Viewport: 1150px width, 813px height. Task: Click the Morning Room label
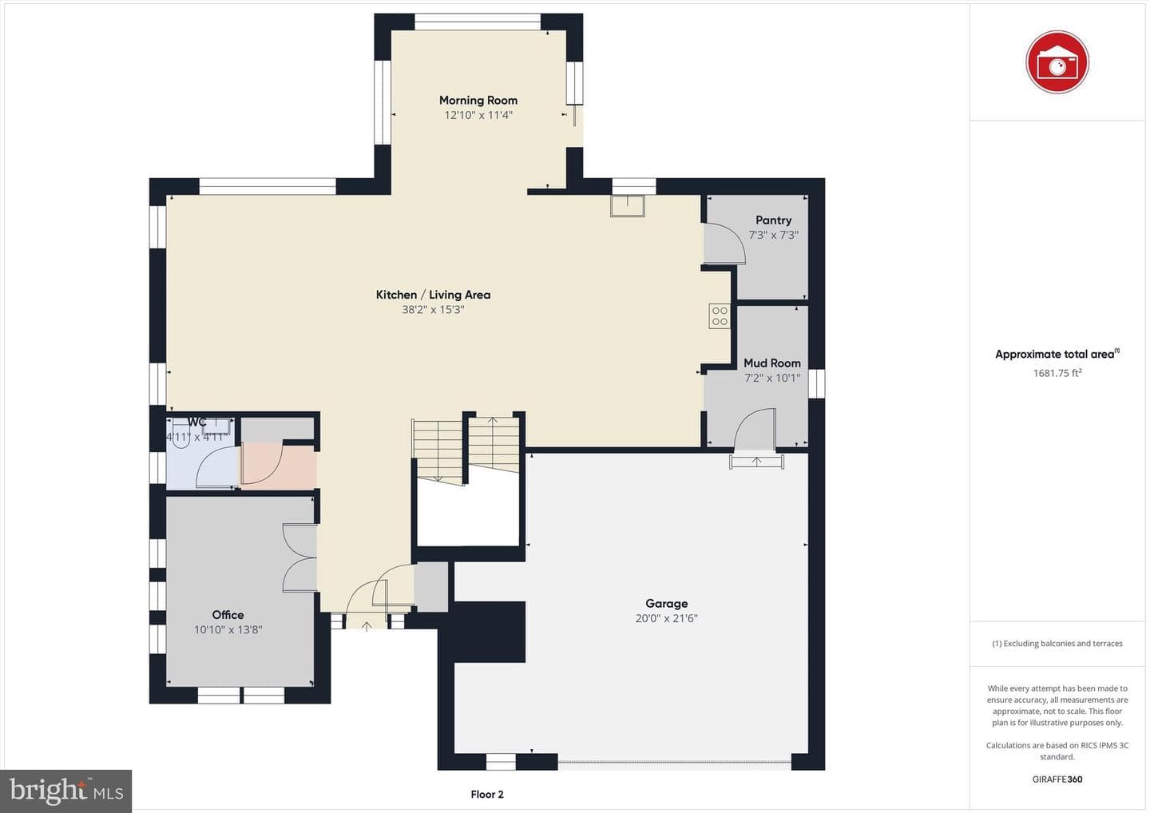pyautogui.click(x=478, y=100)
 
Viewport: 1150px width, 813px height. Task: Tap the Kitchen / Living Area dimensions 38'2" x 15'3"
pyautogui.click(x=434, y=310)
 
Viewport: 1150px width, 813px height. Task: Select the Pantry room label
pyautogui.click(x=773, y=220)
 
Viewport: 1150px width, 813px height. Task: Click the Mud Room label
pyautogui.click(x=772, y=363)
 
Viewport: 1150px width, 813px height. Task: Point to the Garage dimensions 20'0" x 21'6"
pyautogui.click(x=666, y=618)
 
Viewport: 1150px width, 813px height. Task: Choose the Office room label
pyautogui.click(x=228, y=614)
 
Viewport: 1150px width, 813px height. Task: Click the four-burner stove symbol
pyautogui.click(x=720, y=315)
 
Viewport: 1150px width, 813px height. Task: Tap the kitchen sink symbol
pyautogui.click(x=628, y=206)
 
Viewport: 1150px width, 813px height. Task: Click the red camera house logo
pyautogui.click(x=1057, y=62)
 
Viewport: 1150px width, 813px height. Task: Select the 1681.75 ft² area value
pyautogui.click(x=1057, y=373)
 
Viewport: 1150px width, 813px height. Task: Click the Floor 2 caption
pyautogui.click(x=487, y=795)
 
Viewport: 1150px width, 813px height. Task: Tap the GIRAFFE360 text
pyautogui.click(x=1057, y=779)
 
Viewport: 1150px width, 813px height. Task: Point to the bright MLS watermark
pyautogui.click(x=65, y=791)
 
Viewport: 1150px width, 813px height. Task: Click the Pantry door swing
pyautogui.click(x=724, y=244)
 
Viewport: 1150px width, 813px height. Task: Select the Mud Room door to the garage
pyautogui.click(x=755, y=429)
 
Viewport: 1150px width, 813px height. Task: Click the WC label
pyautogui.click(x=196, y=422)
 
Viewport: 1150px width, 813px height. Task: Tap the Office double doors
pyautogui.click(x=299, y=558)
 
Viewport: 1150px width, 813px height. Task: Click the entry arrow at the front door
pyautogui.click(x=367, y=626)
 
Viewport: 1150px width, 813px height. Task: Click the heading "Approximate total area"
pyautogui.click(x=1054, y=354)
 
